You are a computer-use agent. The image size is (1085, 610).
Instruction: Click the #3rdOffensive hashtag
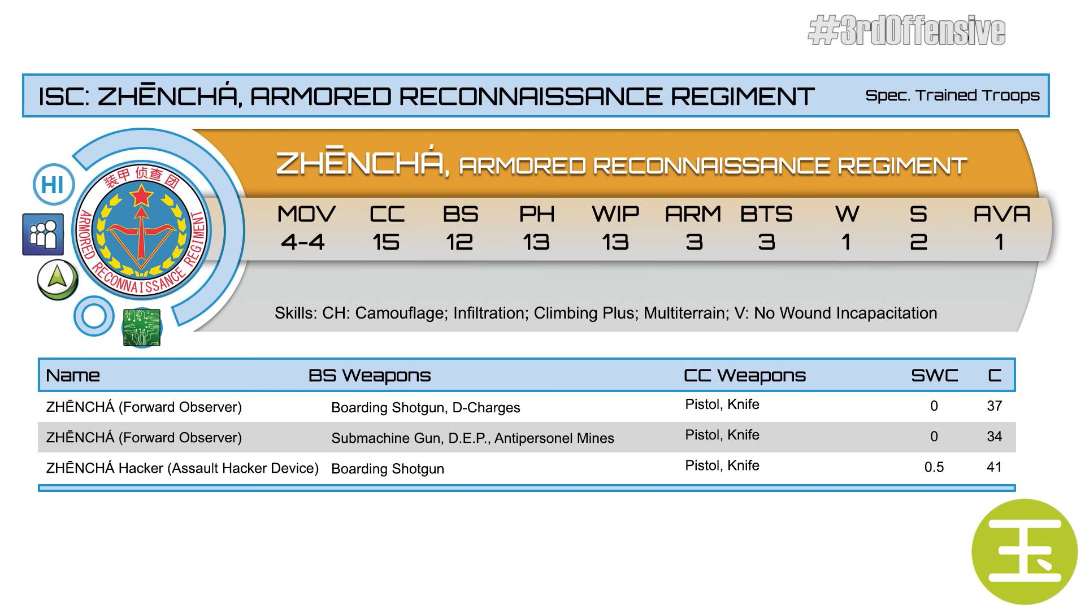coord(906,31)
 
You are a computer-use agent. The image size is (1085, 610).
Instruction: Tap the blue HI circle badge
coord(53,185)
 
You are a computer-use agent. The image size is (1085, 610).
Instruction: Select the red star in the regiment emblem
coord(142,197)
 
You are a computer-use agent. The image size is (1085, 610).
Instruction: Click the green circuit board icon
coord(142,327)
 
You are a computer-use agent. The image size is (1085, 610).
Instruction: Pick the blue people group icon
coord(43,234)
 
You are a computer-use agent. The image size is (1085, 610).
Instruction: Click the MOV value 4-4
coord(303,242)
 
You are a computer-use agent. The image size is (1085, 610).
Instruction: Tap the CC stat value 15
coord(386,242)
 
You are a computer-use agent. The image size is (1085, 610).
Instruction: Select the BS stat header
coord(461,214)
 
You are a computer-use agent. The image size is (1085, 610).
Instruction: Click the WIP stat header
coord(615,214)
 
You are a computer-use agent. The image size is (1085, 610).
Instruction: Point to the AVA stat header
coord(1002,214)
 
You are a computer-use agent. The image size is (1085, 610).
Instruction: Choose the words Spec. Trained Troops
coord(952,95)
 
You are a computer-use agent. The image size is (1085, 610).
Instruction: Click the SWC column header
coord(935,376)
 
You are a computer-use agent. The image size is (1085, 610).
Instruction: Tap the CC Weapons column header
coord(745,376)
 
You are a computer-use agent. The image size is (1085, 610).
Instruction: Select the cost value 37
coord(994,406)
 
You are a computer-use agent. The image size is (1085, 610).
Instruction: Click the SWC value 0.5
coord(934,467)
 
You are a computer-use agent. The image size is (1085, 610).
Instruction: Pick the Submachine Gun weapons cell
coord(472,438)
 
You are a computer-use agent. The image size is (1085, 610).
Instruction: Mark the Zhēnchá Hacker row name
coord(183,468)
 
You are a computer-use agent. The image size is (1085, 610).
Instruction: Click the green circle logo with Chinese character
coord(1025,552)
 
